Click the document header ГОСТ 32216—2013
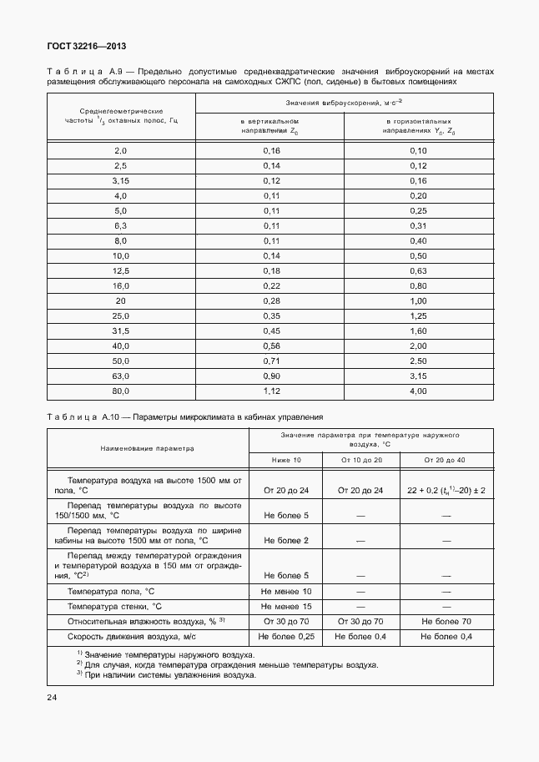81,47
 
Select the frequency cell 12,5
121,270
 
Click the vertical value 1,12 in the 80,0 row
271,391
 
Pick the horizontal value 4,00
418,391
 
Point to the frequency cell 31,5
121,331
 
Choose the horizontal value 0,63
418,270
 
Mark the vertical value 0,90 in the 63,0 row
271,376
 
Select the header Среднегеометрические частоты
121,115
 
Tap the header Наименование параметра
147,448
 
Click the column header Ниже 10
286,461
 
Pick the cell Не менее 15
286,606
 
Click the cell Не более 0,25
286,637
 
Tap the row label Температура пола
112,591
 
